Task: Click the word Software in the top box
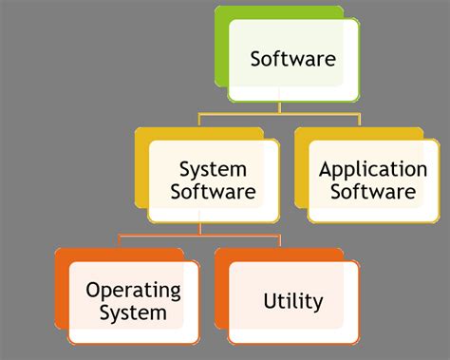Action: point(292,59)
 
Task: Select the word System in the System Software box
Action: point(213,170)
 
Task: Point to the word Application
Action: point(373,171)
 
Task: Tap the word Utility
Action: point(293,302)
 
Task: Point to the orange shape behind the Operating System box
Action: point(63,294)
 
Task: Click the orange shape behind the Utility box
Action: point(222,294)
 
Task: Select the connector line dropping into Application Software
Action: point(360,122)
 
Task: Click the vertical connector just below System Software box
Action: point(199,226)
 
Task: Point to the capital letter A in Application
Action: point(326,170)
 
